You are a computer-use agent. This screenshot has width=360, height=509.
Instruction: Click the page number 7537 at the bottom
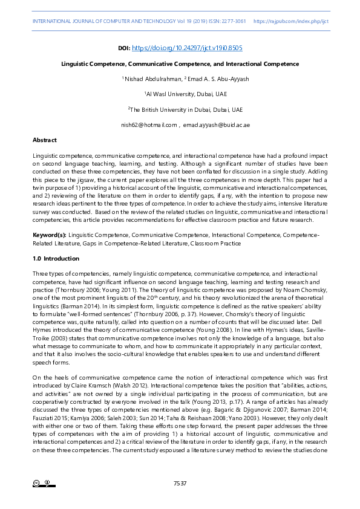point(180,484)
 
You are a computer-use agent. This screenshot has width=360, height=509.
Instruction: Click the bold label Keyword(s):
point(50,234)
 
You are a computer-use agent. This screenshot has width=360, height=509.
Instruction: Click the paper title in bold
point(180,63)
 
